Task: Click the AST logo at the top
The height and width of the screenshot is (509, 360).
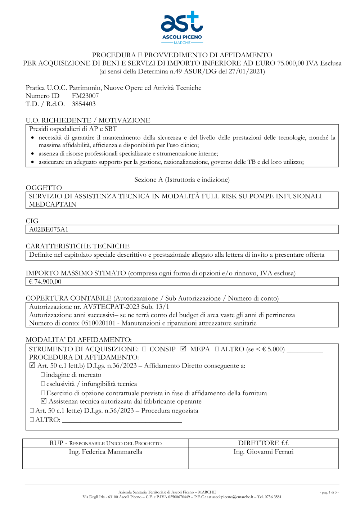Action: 182,27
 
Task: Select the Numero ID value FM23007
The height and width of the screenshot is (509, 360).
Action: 85,96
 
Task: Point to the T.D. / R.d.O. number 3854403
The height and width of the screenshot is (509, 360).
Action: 84,104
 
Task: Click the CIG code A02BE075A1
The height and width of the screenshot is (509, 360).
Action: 49,229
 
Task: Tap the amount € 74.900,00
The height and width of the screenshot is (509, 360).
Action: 45,281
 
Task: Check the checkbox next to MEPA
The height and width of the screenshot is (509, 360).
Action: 184,349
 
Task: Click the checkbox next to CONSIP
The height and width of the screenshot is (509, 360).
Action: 144,349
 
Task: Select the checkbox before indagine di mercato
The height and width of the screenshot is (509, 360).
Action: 43,375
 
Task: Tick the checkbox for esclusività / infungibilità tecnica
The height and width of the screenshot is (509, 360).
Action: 43,384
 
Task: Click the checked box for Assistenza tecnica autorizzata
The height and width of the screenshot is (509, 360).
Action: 44,401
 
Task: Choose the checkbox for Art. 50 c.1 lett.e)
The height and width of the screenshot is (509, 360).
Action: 32,410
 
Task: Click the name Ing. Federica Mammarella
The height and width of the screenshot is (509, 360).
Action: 105,452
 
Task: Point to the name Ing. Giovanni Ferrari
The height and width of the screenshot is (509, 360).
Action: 264,452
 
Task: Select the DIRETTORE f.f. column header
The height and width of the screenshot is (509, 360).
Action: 264,443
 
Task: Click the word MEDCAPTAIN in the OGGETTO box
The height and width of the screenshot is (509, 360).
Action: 53,204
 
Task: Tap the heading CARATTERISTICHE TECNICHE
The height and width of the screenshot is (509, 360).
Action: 77,246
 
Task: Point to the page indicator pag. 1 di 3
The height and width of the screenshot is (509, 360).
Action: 329,492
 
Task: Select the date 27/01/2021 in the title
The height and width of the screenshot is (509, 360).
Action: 247,71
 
